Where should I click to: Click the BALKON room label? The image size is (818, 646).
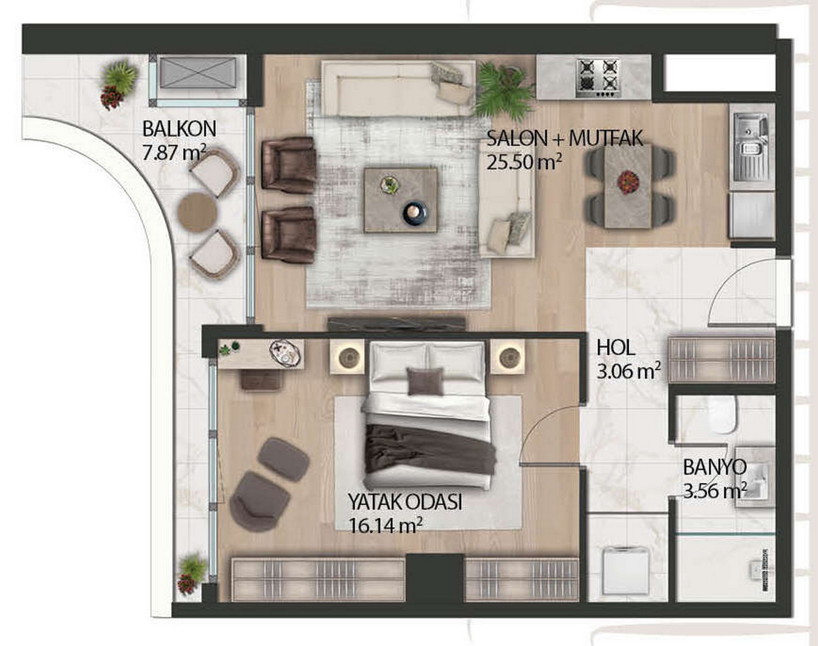click(179, 129)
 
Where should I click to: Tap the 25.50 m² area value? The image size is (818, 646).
click(524, 162)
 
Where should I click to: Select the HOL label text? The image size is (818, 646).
click(616, 348)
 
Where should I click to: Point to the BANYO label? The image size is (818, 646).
click(715, 467)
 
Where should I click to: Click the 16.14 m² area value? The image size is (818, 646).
click(385, 526)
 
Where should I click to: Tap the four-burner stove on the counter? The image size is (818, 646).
click(599, 79)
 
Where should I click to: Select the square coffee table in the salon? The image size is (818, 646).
click(401, 200)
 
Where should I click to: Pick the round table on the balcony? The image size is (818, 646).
click(197, 212)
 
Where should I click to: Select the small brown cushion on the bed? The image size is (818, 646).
click(425, 381)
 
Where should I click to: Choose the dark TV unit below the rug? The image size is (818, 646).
click(396, 324)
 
